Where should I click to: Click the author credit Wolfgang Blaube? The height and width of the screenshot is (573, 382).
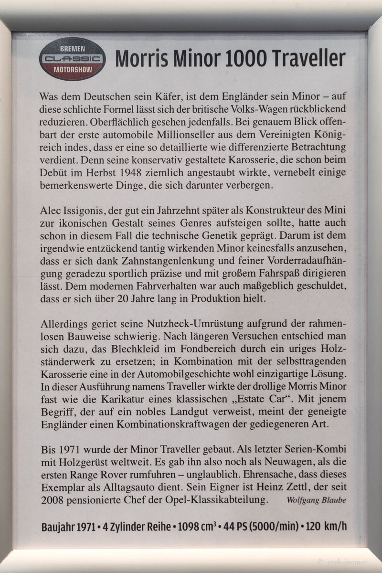click(x=316, y=500)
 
